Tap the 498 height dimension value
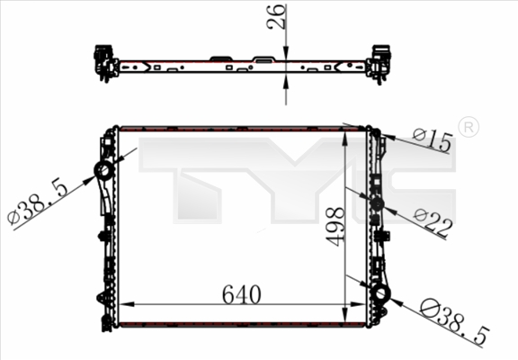335,225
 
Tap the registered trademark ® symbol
468,128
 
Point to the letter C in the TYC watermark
423,180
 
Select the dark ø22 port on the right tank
377,204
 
